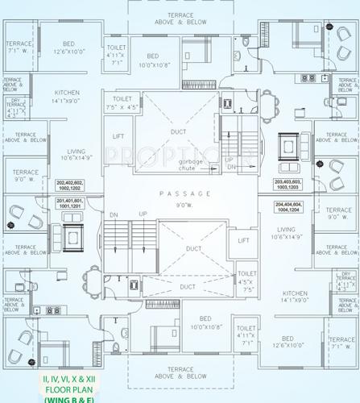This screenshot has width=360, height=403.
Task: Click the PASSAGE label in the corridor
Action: coord(184,194)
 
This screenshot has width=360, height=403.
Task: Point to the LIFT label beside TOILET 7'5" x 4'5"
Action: coord(118,138)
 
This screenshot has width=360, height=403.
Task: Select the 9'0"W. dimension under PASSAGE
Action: coord(184,206)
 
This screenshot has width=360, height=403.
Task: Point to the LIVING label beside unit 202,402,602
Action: coord(77,155)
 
